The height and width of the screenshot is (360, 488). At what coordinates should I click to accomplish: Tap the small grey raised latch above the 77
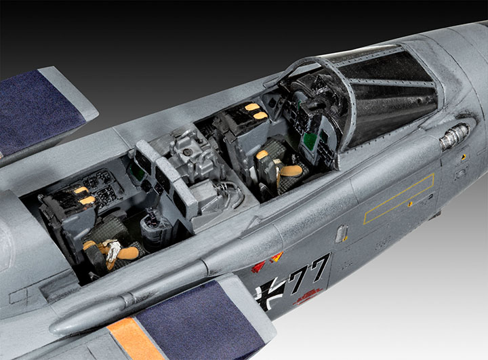(x=340, y=232)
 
